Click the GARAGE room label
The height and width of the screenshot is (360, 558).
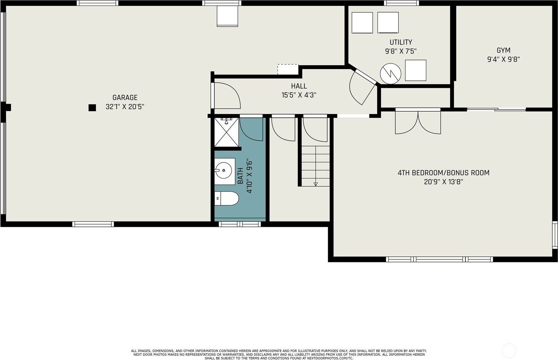click(x=125, y=97)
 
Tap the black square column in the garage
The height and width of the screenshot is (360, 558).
click(x=92, y=108)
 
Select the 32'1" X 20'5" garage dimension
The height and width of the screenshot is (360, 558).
click(x=125, y=107)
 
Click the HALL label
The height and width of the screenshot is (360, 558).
click(x=299, y=86)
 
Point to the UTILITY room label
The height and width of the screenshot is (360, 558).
click(x=401, y=42)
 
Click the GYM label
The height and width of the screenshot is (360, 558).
click(x=503, y=51)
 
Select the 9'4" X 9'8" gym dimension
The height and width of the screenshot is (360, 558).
click(x=503, y=59)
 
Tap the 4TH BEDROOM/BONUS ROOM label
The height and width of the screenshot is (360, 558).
click(x=444, y=173)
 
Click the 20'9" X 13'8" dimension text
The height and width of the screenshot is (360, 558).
click(x=444, y=182)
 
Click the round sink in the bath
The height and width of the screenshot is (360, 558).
click(x=223, y=170)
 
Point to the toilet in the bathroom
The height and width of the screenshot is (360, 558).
click(x=227, y=198)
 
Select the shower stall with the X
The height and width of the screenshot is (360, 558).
click(x=227, y=132)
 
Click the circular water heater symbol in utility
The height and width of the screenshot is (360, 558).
click(x=390, y=73)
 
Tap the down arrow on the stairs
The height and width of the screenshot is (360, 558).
click(x=316, y=184)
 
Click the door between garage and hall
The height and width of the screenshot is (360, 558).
click(x=226, y=96)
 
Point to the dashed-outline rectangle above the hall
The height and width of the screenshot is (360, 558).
click(x=288, y=69)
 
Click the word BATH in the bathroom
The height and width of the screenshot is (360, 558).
click(x=240, y=176)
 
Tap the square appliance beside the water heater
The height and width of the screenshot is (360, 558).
click(x=416, y=70)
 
